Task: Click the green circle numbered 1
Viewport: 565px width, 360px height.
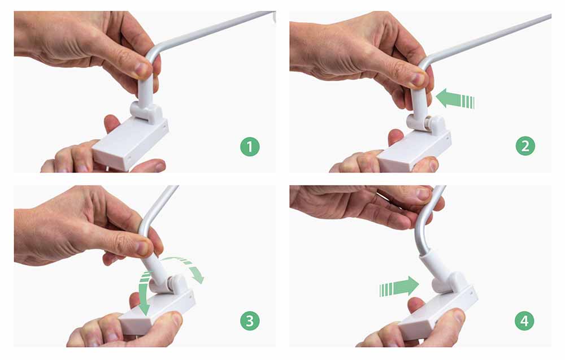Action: click(x=249, y=148)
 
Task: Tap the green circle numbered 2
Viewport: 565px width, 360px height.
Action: click(x=525, y=147)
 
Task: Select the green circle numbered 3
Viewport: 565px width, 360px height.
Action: click(x=249, y=322)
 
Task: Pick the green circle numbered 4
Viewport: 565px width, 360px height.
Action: click(x=525, y=322)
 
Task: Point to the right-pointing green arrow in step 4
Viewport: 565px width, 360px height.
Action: click(x=399, y=287)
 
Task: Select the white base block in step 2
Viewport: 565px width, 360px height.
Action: click(x=415, y=148)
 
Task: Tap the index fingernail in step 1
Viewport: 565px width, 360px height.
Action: click(x=142, y=70)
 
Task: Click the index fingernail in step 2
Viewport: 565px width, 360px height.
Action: click(x=419, y=79)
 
